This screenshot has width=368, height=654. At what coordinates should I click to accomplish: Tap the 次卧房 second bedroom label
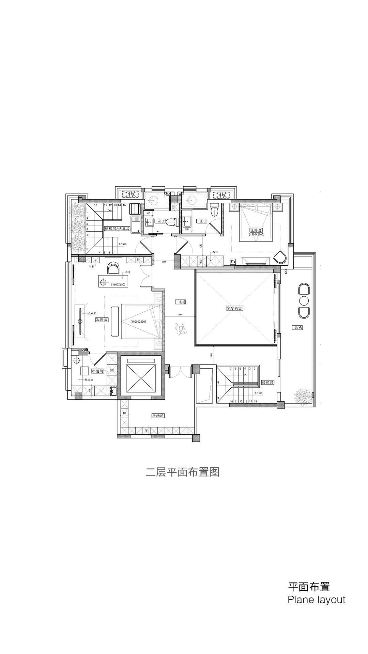pyautogui.click(x=102, y=320)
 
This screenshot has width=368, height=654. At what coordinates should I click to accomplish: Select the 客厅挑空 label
pyautogui.click(x=235, y=308)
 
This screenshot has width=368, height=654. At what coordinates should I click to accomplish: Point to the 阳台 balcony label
pyautogui.click(x=297, y=328)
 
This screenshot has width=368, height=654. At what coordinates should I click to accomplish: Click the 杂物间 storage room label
pyautogui.click(x=158, y=416)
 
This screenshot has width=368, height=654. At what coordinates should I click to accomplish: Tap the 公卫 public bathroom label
pyautogui.click(x=160, y=221)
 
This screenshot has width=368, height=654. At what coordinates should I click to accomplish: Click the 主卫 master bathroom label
pyautogui.click(x=202, y=221)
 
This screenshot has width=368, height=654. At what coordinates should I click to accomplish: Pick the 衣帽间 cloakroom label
pyautogui.click(x=97, y=371)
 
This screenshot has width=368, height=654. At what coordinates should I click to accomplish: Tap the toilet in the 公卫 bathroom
pyautogui.click(x=172, y=222)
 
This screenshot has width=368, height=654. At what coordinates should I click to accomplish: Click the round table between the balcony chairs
pyautogui.click(x=303, y=300)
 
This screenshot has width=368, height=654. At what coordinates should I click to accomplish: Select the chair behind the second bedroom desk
pyautogui.click(x=113, y=268)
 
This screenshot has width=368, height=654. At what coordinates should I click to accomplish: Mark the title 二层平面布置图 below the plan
pyautogui.click(x=182, y=472)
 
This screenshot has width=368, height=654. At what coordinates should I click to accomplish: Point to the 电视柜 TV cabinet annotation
pyautogui.click(x=93, y=313)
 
